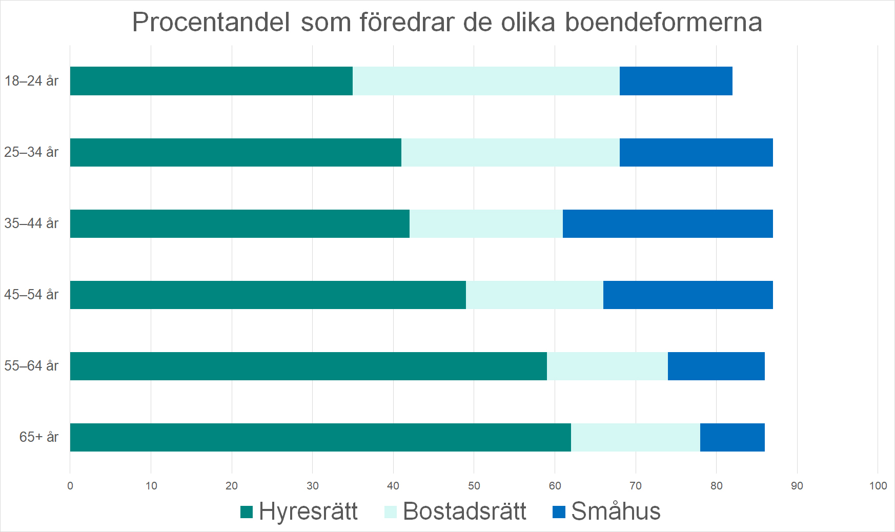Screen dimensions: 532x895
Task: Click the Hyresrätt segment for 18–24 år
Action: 211,81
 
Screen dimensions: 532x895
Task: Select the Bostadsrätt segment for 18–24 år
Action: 486,81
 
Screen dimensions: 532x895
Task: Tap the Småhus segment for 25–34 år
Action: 696,152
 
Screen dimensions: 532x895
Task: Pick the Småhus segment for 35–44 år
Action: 667,223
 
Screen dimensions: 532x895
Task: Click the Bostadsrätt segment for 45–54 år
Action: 535,295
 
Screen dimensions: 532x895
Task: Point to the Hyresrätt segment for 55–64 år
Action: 308,366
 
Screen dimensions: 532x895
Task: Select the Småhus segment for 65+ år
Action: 732,437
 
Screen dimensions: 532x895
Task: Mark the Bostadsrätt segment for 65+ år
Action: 636,437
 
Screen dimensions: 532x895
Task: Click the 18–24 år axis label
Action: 32,81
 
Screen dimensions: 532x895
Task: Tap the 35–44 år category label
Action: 32,223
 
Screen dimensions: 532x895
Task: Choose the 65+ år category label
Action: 39,437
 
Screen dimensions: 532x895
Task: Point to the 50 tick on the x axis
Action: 474,486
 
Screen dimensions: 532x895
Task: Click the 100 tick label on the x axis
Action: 878,486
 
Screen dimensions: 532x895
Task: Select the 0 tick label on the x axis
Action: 70,486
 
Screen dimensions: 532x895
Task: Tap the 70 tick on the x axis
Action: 636,486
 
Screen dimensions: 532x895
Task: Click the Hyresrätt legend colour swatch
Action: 247,512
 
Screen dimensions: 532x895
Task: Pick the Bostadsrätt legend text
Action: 464,511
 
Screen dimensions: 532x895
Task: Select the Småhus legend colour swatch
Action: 559,512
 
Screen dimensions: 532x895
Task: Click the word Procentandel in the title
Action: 211,23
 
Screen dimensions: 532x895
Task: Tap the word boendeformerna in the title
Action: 663,23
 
